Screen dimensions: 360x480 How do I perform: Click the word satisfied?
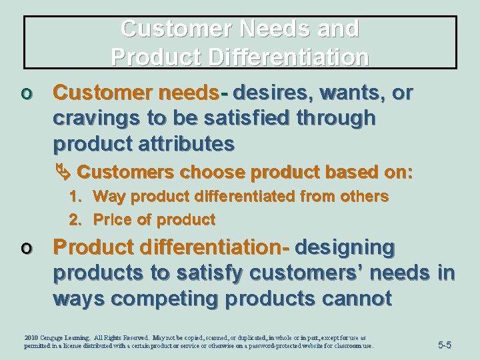pyautogui.click(x=253, y=118)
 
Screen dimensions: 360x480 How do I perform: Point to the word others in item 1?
pyautogui.click(x=366, y=197)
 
